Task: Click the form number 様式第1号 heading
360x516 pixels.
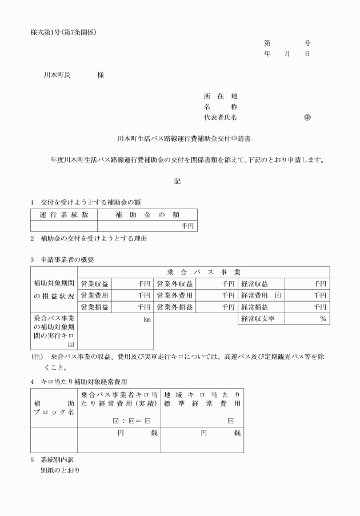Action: tap(62, 31)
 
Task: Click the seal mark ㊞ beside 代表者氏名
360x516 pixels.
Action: tap(307, 117)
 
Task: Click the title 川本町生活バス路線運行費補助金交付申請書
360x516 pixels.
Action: tap(180, 138)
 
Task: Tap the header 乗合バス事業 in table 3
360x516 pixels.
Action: tap(204, 272)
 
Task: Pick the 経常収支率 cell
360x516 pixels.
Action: tap(258, 319)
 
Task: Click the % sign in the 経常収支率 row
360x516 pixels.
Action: tap(323, 319)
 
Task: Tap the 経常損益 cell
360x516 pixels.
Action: tap(254, 307)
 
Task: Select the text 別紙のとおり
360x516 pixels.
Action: tap(59, 470)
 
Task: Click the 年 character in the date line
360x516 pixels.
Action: tap(267, 53)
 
